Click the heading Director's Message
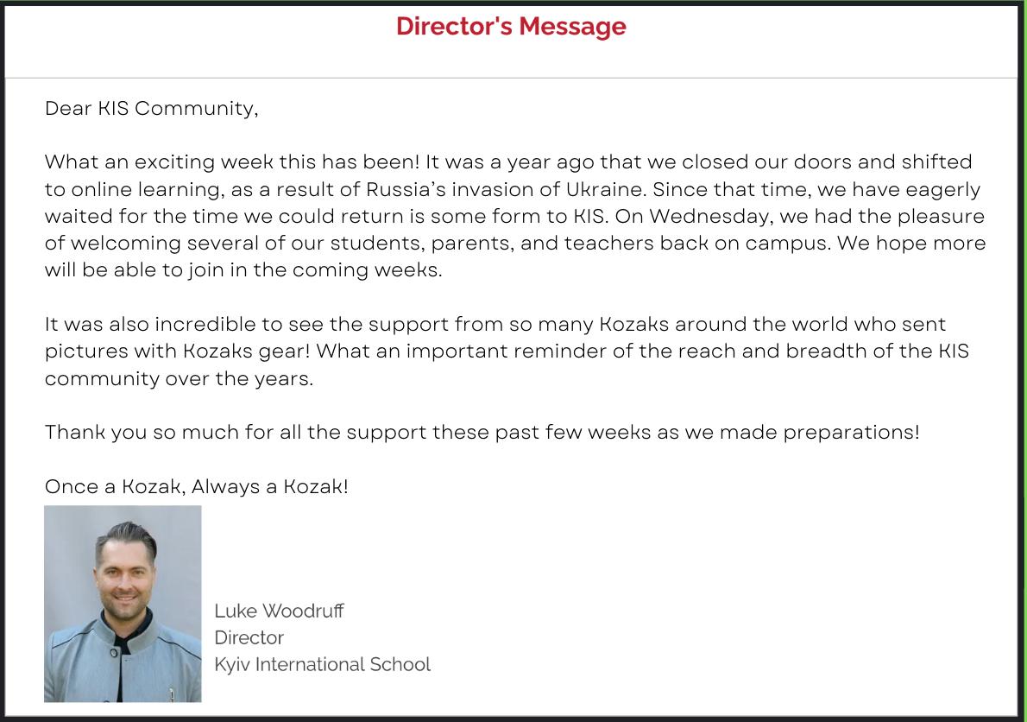tap(511, 27)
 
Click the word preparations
tap(850, 432)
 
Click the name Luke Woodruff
tap(279, 611)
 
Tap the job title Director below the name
tap(249, 638)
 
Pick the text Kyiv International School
tap(322, 665)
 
